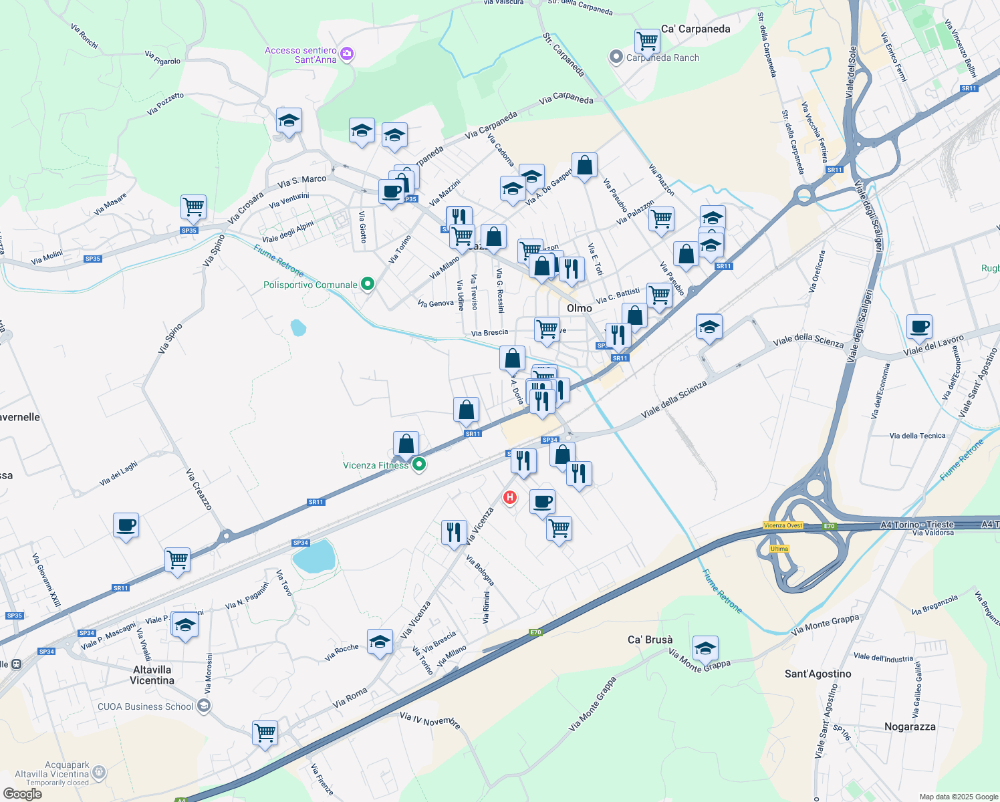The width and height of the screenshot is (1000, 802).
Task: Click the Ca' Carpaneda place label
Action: click(x=695, y=29)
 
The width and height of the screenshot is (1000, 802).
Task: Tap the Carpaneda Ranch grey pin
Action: click(x=616, y=57)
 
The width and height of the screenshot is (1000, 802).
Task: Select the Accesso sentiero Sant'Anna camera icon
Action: click(x=347, y=54)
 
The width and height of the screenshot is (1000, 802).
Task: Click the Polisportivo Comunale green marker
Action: click(x=367, y=285)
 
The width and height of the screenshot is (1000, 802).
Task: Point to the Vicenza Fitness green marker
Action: click(x=419, y=464)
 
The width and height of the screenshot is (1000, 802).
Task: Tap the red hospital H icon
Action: click(x=510, y=497)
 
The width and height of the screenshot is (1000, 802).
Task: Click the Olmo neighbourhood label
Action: click(x=579, y=308)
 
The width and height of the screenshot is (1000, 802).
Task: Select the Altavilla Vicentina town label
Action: click(x=152, y=675)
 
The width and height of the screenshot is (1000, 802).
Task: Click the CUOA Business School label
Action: click(x=146, y=706)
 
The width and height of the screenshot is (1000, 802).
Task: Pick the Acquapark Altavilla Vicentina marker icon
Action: click(x=99, y=773)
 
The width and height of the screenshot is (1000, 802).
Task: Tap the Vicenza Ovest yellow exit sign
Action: click(x=783, y=525)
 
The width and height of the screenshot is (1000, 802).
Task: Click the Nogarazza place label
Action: click(x=910, y=726)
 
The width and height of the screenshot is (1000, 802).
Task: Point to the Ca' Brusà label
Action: click(x=650, y=640)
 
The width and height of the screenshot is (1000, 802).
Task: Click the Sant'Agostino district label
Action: click(x=818, y=674)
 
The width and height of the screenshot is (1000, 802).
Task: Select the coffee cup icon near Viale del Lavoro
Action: click(x=920, y=326)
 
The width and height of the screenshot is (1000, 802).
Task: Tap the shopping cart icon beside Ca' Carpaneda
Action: click(x=647, y=41)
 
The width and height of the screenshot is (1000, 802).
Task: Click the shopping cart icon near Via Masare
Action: click(x=193, y=207)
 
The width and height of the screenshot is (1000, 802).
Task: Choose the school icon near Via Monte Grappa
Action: click(x=705, y=648)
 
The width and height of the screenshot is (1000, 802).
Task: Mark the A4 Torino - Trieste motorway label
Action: click(x=917, y=525)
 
